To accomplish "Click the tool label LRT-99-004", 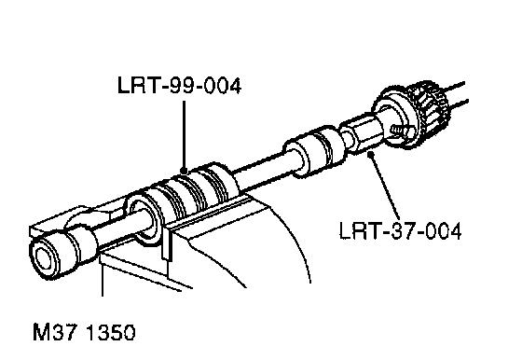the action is click(179, 86).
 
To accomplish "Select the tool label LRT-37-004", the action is click(400, 230).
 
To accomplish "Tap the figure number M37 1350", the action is click(84, 332).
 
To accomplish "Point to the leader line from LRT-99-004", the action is click(184, 136).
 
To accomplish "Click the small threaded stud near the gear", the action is click(401, 130).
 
